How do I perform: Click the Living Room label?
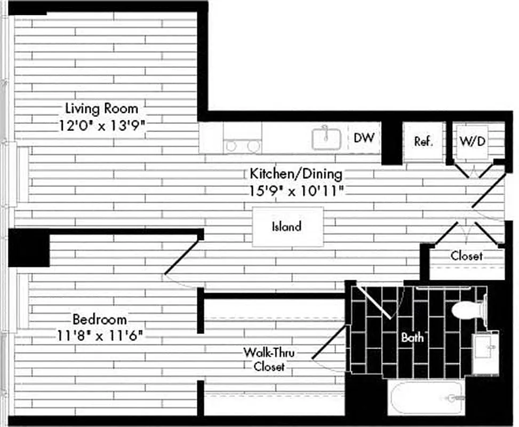coord(101,108)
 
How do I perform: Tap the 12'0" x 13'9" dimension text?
coord(101,127)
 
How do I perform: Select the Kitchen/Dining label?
coord(296,173)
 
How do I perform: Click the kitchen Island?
coord(287,226)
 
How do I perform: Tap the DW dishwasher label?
coord(364,138)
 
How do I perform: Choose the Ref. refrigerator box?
coord(423,141)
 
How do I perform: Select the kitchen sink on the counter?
coord(326,139)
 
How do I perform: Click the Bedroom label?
coord(100,320)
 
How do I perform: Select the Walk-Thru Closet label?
coord(269,359)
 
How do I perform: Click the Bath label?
coord(412,337)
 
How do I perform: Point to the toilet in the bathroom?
coord(467,310)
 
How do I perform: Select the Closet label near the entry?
coord(467,256)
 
